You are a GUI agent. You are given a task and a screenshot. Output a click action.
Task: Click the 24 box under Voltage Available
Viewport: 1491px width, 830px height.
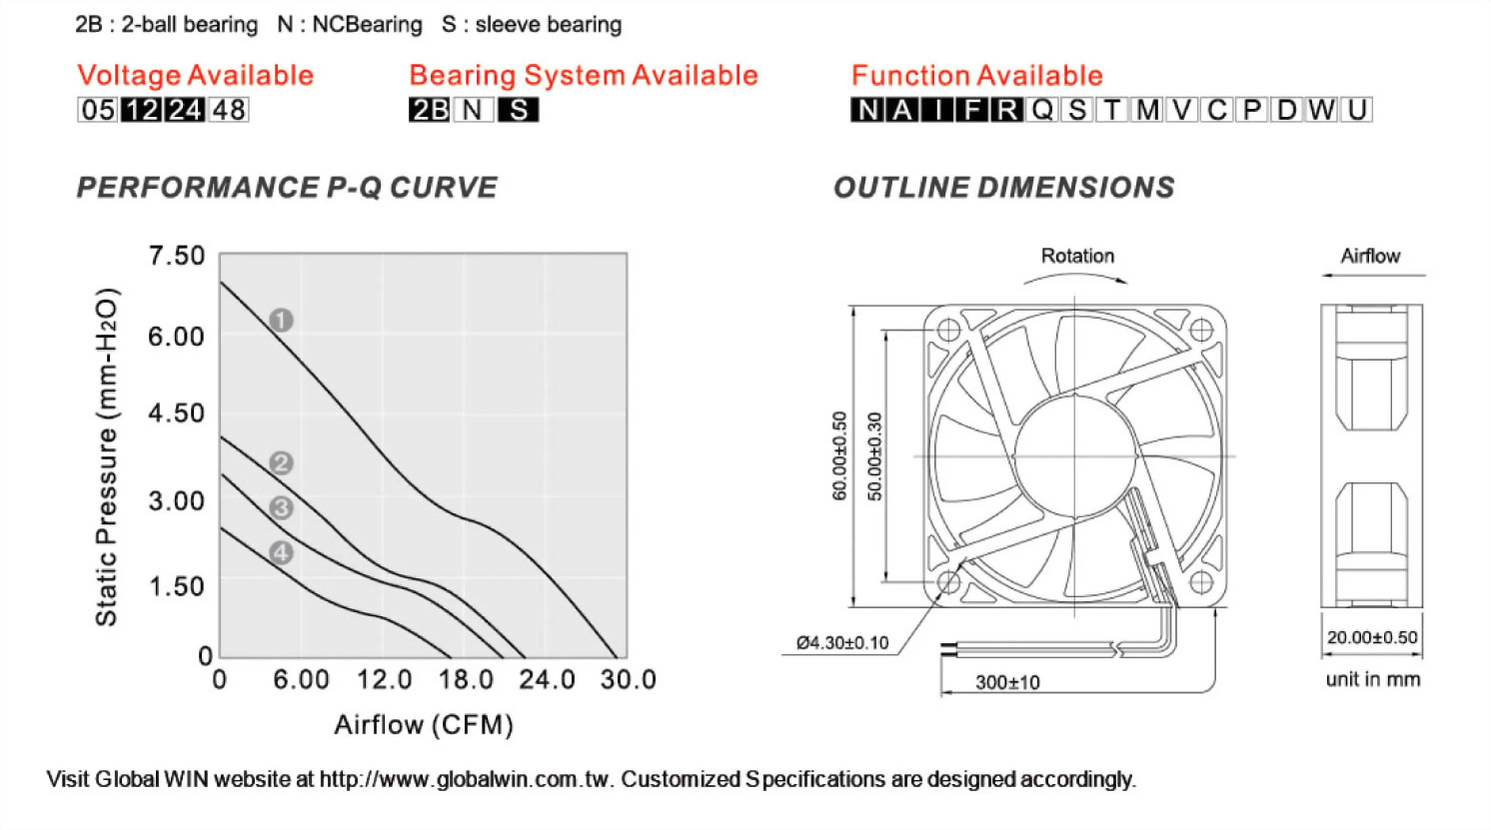tap(185, 110)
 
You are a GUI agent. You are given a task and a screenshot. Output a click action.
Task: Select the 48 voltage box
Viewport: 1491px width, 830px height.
tap(229, 110)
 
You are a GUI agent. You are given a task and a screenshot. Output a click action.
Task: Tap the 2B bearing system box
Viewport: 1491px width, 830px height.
tap(429, 110)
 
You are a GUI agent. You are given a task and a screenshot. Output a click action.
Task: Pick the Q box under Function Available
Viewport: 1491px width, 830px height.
tap(1042, 110)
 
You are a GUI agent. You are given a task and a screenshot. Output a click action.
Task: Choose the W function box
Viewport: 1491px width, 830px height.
tap(1321, 110)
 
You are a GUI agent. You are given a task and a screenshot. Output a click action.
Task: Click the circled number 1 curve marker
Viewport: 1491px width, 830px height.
tap(281, 320)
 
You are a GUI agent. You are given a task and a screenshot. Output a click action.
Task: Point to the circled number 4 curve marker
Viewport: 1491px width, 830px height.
tap(281, 552)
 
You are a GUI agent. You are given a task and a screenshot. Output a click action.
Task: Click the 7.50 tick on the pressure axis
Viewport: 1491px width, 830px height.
tap(176, 256)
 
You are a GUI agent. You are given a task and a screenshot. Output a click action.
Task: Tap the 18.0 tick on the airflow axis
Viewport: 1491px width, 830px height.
tap(466, 680)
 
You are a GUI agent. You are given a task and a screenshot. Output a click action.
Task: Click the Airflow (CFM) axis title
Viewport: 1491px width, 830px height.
tap(424, 725)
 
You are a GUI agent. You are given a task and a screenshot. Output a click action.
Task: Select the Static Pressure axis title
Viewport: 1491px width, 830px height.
tap(107, 456)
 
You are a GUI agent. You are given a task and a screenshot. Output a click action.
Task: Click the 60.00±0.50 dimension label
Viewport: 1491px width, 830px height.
tap(839, 455)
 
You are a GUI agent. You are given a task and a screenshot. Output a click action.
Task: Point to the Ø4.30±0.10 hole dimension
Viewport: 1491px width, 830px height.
tap(842, 642)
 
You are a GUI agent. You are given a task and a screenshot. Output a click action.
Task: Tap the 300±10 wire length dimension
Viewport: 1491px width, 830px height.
tap(1007, 682)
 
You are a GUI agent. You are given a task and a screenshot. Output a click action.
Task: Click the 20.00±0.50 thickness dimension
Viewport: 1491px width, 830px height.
tap(1371, 637)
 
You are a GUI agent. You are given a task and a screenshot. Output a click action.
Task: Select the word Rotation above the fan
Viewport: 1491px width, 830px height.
tap(1077, 256)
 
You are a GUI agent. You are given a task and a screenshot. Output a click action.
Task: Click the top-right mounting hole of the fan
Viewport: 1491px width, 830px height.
tap(1201, 330)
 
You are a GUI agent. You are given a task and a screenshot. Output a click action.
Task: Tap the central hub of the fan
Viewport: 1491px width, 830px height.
tap(1075, 455)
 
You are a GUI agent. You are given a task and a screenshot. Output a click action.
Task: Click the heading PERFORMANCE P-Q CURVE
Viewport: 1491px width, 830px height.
tap(287, 188)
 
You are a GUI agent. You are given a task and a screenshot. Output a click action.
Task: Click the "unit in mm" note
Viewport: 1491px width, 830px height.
tap(1372, 679)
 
